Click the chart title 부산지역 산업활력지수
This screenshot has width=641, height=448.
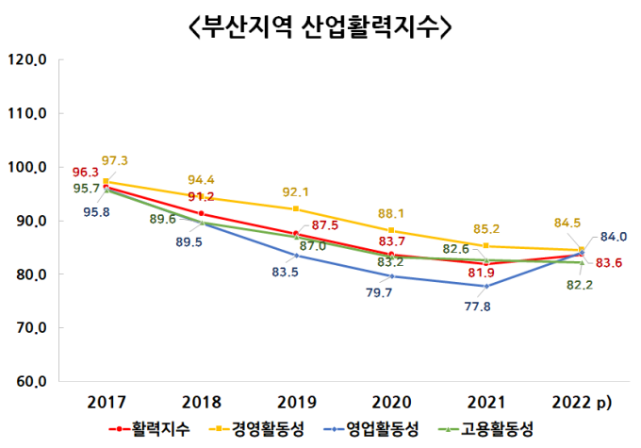(320, 28)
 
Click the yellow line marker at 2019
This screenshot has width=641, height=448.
(296, 208)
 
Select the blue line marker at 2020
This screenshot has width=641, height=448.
(391, 276)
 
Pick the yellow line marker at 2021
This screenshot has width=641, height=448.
(485, 246)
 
